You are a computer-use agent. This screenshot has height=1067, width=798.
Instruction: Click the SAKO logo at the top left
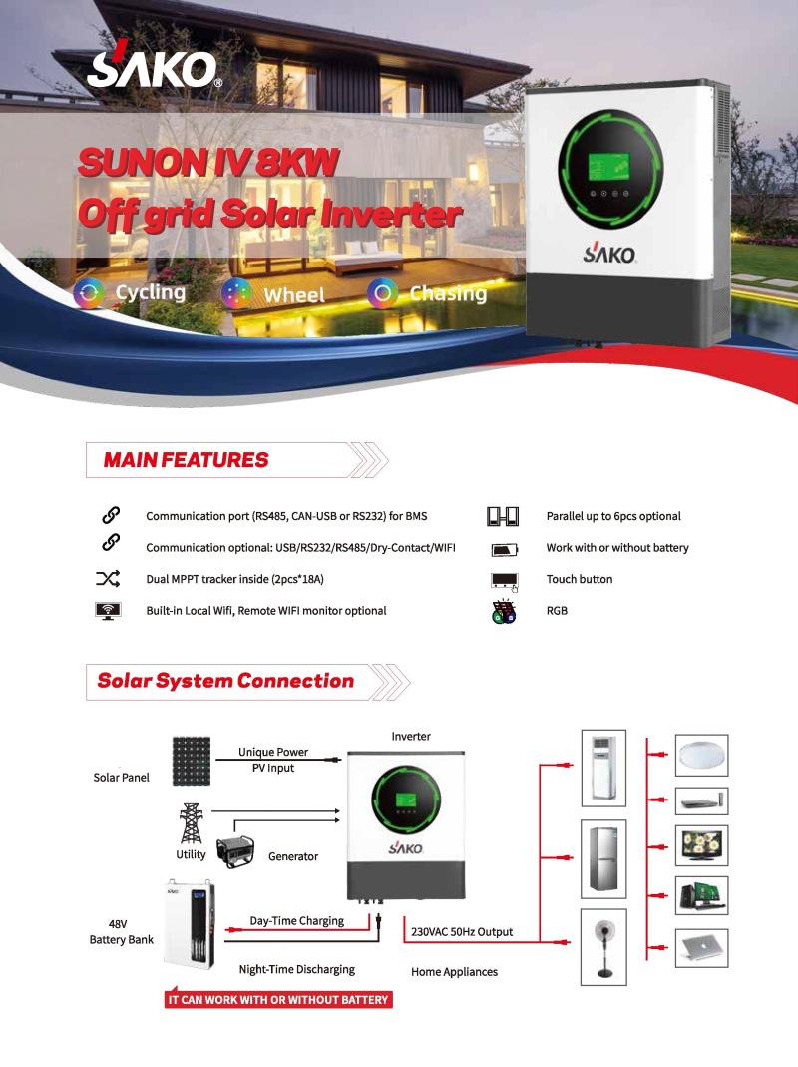pos(153,66)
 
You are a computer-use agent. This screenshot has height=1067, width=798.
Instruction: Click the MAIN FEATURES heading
pos(186,460)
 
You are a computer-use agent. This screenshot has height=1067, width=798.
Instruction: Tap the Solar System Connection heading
pos(225,681)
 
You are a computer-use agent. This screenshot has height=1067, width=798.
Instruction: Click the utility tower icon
pos(190,823)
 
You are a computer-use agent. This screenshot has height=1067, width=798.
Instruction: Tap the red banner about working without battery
pos(278,999)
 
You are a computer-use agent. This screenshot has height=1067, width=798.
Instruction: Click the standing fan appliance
pos(602,947)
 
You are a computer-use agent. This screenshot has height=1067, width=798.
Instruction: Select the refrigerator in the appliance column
pos(602,859)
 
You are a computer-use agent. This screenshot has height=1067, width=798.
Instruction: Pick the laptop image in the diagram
pos(702,947)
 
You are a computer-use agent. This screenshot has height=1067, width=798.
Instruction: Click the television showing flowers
pos(702,844)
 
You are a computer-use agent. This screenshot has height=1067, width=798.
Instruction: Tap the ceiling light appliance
pos(702,755)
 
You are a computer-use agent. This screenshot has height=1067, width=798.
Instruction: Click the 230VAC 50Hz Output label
pos(462,932)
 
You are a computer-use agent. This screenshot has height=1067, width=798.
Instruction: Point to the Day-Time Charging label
pos(296,921)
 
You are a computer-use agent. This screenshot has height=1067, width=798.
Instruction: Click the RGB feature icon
pos(503,611)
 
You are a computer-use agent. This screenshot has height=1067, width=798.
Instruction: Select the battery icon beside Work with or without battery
pos(504,549)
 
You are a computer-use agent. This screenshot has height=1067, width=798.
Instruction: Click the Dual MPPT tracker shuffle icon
pos(108,579)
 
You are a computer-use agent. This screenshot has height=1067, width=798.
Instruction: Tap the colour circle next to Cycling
pos(90,293)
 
